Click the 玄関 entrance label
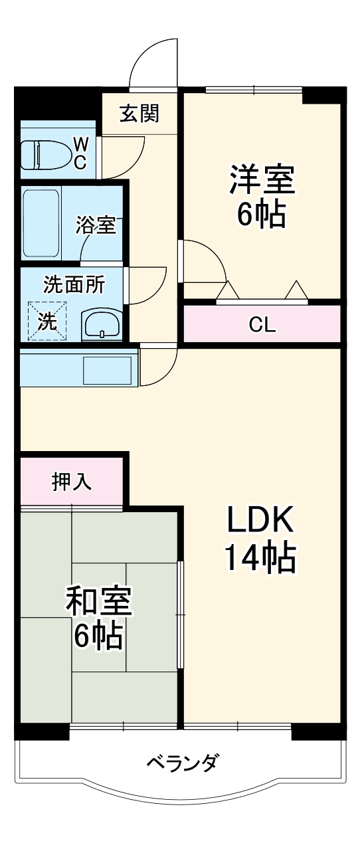pyautogui.click(x=139, y=114)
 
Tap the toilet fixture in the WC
pyautogui.click(x=46, y=154)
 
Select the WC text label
pyautogui.click(x=80, y=154)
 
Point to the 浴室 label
pyautogui.click(x=96, y=225)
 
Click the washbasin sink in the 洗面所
pyautogui.click(x=101, y=325)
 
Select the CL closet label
pyautogui.click(x=262, y=325)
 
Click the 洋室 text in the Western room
pyautogui.click(x=261, y=179)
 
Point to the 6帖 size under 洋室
pyautogui.click(x=261, y=214)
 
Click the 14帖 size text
pyautogui.click(x=260, y=558)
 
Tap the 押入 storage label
pyautogui.click(x=72, y=482)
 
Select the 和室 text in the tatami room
pyautogui.click(x=98, y=601)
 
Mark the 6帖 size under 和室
pyautogui.click(x=98, y=636)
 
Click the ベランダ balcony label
pyautogui.click(x=181, y=763)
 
